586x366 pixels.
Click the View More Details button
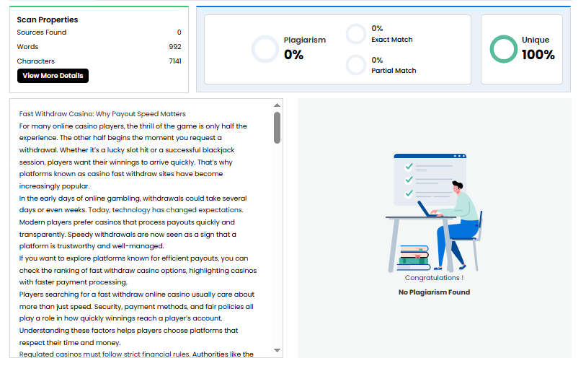53,76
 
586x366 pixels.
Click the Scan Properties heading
48,19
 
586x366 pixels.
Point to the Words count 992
175,47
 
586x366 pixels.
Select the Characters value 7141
175,61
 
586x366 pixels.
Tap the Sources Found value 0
179,32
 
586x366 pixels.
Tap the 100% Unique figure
538,55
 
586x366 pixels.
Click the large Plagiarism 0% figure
294,55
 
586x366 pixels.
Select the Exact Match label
392,40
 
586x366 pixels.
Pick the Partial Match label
394,71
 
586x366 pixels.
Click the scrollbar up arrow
277,105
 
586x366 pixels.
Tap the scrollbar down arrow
277,350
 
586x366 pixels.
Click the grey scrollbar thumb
277,128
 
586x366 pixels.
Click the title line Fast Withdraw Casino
102,114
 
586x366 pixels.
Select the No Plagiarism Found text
434,292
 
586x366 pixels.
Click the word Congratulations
432,278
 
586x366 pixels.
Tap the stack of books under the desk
414,258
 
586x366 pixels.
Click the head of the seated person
458,186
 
